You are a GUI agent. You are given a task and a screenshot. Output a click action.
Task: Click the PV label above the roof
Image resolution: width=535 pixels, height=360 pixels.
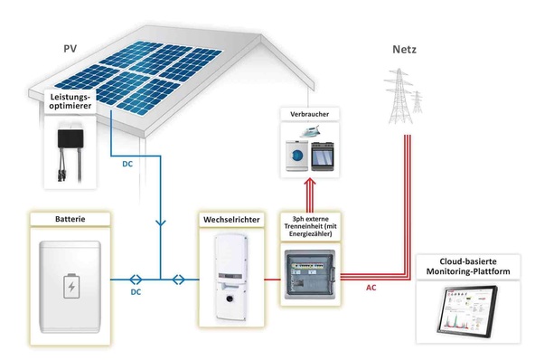coord(70,48)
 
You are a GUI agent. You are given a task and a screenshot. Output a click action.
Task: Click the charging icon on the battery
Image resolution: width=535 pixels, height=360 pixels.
coord(69,288)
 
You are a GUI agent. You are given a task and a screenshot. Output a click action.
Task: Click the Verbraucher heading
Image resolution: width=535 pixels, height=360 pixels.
coord(310,115)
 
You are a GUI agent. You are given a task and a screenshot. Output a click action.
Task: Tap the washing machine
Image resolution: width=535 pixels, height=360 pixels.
coord(296,156)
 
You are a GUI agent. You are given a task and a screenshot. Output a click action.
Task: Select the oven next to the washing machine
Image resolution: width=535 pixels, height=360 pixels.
coord(324,158)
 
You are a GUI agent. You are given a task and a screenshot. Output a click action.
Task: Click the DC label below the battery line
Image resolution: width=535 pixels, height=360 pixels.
coord(137,293)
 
